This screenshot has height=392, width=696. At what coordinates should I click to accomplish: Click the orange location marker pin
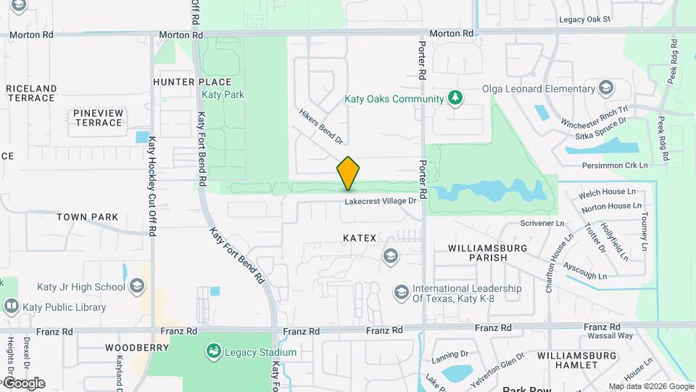point(348,173)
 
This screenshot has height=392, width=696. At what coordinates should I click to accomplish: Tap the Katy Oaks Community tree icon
point(455,98)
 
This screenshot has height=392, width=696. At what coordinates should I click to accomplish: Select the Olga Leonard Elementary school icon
point(606,89)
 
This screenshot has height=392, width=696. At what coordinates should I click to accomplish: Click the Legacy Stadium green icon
point(213,352)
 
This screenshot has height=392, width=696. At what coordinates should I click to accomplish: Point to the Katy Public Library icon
point(11,306)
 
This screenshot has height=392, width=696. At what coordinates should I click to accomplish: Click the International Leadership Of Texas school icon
point(401,293)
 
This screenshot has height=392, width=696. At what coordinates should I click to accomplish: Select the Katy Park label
point(223,94)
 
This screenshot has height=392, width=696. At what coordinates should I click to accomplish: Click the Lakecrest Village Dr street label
point(381,201)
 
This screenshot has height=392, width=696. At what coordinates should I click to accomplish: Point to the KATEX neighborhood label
point(360,237)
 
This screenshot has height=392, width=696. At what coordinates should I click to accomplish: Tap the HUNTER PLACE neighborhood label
point(192,82)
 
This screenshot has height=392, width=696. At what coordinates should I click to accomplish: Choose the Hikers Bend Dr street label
point(320,125)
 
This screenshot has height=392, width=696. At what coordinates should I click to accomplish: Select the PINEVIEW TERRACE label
point(98,118)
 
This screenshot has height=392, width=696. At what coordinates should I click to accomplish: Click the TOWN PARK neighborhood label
point(87,217)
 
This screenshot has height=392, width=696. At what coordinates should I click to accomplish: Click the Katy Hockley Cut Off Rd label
point(152,186)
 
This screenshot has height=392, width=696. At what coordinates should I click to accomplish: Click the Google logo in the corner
point(24,383)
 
